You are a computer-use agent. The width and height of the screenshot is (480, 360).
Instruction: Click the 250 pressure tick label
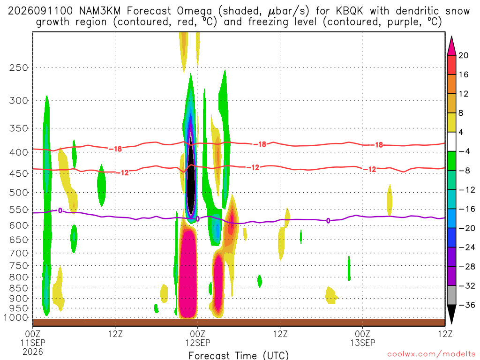click(18, 67)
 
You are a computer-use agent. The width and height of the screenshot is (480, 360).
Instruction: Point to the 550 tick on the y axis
click(18, 210)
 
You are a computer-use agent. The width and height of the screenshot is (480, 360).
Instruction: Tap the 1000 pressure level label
click(16, 318)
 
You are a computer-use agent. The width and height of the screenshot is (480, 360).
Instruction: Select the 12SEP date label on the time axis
click(197, 343)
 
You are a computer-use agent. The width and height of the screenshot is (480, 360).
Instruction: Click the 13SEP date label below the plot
click(363, 343)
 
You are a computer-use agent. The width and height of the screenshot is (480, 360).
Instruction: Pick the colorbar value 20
click(463, 55)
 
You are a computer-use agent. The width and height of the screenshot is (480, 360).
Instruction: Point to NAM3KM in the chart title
click(100, 11)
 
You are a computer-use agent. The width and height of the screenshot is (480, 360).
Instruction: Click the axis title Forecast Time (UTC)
click(239, 355)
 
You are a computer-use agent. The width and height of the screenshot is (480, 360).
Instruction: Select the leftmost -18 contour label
click(116, 149)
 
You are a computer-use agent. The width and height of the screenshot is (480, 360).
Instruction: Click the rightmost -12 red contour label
click(370, 169)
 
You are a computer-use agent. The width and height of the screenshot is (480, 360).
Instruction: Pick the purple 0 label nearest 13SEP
click(328, 221)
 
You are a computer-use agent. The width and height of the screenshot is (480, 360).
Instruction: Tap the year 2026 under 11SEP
click(33, 352)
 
